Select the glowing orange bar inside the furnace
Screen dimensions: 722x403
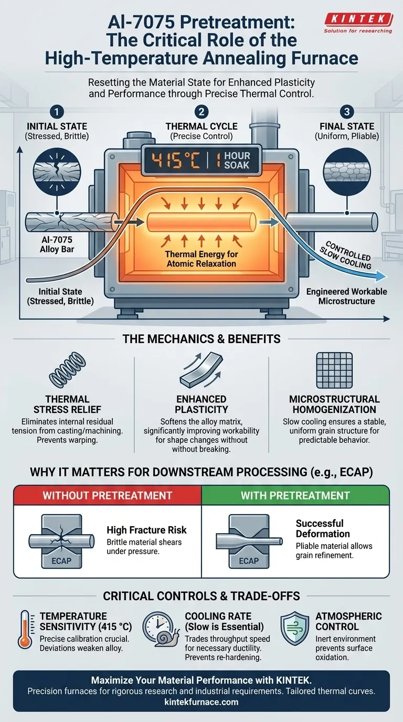pos(201,222)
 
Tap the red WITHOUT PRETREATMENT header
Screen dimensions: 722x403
pos(108,495)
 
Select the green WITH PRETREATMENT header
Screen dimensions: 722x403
pos(295,495)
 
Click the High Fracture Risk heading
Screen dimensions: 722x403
pos(146,530)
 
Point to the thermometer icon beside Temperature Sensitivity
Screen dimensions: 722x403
pos(24,629)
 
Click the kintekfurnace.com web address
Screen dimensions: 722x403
pos(201,702)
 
